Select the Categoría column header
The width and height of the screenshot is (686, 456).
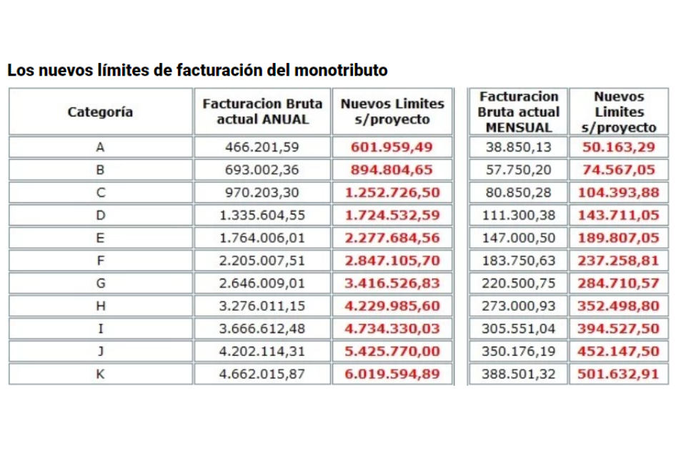pyautogui.click(x=100, y=111)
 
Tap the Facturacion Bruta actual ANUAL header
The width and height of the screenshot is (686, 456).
pyautogui.click(x=262, y=111)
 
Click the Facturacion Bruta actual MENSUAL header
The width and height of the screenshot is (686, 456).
pyautogui.click(x=519, y=111)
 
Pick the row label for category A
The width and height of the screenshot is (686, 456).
pyautogui.click(x=100, y=147)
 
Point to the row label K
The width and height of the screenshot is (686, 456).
pyautogui.click(x=100, y=374)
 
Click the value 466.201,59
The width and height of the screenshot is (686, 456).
pyautogui.click(x=262, y=147)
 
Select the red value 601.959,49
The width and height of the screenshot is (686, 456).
pyautogui.click(x=392, y=147)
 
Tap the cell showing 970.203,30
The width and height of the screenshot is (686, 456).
pyautogui.click(x=262, y=193)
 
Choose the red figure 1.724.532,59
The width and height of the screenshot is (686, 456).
pyautogui.click(x=392, y=216)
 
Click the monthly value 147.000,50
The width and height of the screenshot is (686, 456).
pyautogui.click(x=519, y=238)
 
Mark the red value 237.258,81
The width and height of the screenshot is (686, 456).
pyautogui.click(x=619, y=261)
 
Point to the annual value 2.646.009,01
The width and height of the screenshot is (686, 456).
pyautogui.click(x=262, y=283)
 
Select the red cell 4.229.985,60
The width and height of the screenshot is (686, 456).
pyautogui.click(x=392, y=306)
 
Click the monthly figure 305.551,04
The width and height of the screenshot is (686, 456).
pyautogui.click(x=519, y=329)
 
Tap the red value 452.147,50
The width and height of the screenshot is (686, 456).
pyautogui.click(x=619, y=351)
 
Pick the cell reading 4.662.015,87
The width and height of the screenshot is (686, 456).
pyautogui.click(x=262, y=374)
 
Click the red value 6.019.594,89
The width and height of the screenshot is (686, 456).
pyautogui.click(x=392, y=374)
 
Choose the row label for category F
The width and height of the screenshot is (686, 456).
pyautogui.click(x=100, y=261)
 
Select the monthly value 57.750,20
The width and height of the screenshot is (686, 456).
pyautogui.click(x=519, y=170)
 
